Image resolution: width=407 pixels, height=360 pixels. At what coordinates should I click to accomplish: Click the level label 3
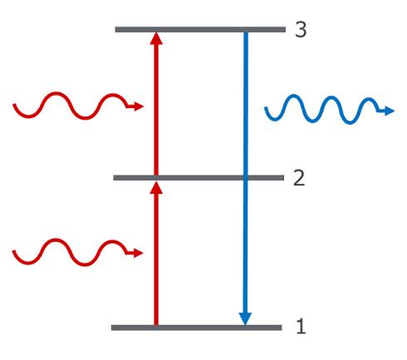click(301, 29)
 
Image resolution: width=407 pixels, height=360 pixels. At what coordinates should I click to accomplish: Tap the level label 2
click(299, 178)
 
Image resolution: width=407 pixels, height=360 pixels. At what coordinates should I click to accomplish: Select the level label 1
click(302, 326)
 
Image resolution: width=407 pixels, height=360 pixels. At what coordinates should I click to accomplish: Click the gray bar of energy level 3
click(200, 29)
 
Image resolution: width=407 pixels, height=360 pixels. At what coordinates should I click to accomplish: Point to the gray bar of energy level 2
click(199, 178)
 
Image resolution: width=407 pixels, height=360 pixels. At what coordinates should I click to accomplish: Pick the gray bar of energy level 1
click(197, 328)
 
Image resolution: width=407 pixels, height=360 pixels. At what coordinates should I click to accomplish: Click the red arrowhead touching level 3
click(156, 38)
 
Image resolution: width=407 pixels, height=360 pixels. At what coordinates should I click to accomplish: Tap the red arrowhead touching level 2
click(156, 187)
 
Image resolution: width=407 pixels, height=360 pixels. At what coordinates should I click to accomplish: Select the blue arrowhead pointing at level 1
click(245, 318)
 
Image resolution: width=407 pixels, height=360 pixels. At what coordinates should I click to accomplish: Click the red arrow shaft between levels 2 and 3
click(156, 110)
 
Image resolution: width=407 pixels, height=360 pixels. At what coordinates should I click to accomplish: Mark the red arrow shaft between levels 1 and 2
click(156, 259)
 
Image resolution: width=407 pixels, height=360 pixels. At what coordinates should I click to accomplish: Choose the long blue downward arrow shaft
click(245, 173)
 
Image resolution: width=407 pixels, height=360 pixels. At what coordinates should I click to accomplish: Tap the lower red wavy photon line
click(70, 252)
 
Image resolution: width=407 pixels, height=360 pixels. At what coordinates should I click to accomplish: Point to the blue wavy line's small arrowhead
click(390, 111)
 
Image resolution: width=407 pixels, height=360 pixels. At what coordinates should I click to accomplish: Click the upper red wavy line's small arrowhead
click(139, 106)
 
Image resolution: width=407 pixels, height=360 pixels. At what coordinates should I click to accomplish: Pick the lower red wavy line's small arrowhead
click(138, 253)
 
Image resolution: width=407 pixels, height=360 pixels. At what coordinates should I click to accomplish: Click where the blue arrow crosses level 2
click(245, 178)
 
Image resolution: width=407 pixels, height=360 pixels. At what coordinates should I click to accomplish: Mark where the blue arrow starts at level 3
click(246, 32)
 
